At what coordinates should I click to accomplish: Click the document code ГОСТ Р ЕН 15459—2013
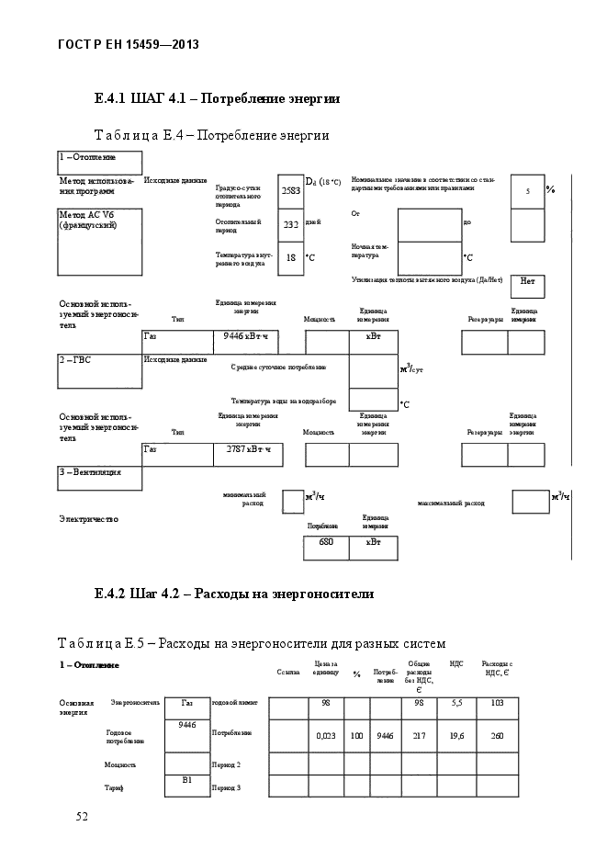coord(129,44)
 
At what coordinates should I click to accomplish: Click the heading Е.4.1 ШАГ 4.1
coord(218,98)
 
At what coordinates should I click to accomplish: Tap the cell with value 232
coord(290,224)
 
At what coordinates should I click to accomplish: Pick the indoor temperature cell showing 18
coord(290,258)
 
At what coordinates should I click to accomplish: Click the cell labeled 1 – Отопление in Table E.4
coord(99,162)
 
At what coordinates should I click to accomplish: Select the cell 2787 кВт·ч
coord(246,454)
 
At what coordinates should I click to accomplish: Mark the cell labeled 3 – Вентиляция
coord(99,478)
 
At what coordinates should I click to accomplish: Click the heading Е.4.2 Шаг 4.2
coord(234,594)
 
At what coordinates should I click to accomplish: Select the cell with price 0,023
coord(325,736)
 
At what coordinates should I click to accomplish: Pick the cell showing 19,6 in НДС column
coord(456,736)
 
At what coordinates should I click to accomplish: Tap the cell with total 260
coord(497,736)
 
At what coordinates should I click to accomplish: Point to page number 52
coord(82,817)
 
